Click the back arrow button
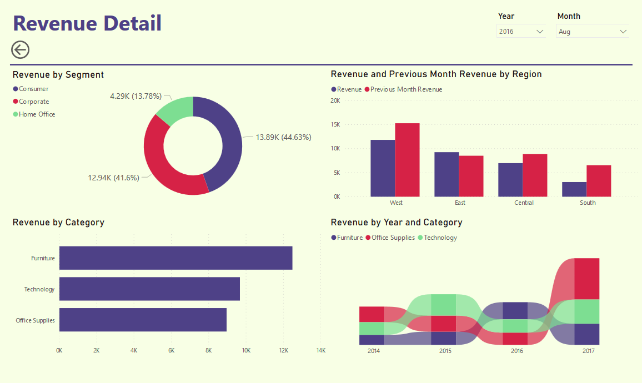[x=20, y=50]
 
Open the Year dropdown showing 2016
[x=521, y=32]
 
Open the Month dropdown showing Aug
[x=592, y=32]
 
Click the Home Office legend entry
[x=37, y=114]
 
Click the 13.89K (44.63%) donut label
[x=283, y=137]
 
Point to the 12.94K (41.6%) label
[x=113, y=178]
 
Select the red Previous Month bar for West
[x=407, y=160]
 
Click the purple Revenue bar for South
[x=574, y=189]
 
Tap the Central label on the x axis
[x=524, y=203]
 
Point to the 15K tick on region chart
[x=335, y=125]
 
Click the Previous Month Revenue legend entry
[x=406, y=89]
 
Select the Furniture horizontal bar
[x=175, y=258]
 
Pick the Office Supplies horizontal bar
[x=143, y=320]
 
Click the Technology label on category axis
[x=39, y=289]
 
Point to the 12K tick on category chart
[x=283, y=351]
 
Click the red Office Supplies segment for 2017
[x=586, y=279]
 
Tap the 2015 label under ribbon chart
[x=445, y=351]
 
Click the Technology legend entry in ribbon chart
[x=440, y=238]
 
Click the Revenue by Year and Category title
[x=396, y=223]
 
